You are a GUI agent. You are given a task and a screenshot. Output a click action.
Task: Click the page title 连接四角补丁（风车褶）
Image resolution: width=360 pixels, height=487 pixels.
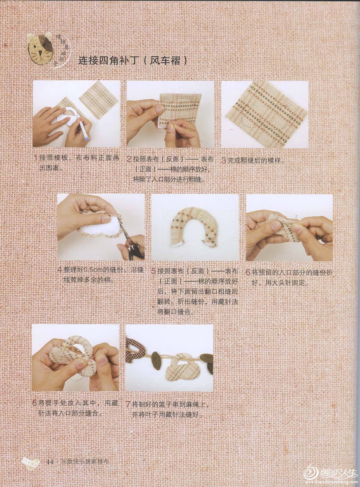click(133, 60)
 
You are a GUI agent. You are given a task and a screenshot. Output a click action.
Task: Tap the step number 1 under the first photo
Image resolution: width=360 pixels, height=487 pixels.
click(36, 158)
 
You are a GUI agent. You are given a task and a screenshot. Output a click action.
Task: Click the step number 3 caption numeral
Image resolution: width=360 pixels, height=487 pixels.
click(224, 161)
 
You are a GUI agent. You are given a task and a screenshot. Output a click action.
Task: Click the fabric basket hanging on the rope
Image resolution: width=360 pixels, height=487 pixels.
click(183, 366)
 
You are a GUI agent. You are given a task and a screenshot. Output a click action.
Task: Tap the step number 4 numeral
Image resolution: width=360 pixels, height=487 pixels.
click(60, 270)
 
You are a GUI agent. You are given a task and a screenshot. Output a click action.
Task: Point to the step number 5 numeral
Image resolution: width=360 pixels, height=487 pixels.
click(154, 271)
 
